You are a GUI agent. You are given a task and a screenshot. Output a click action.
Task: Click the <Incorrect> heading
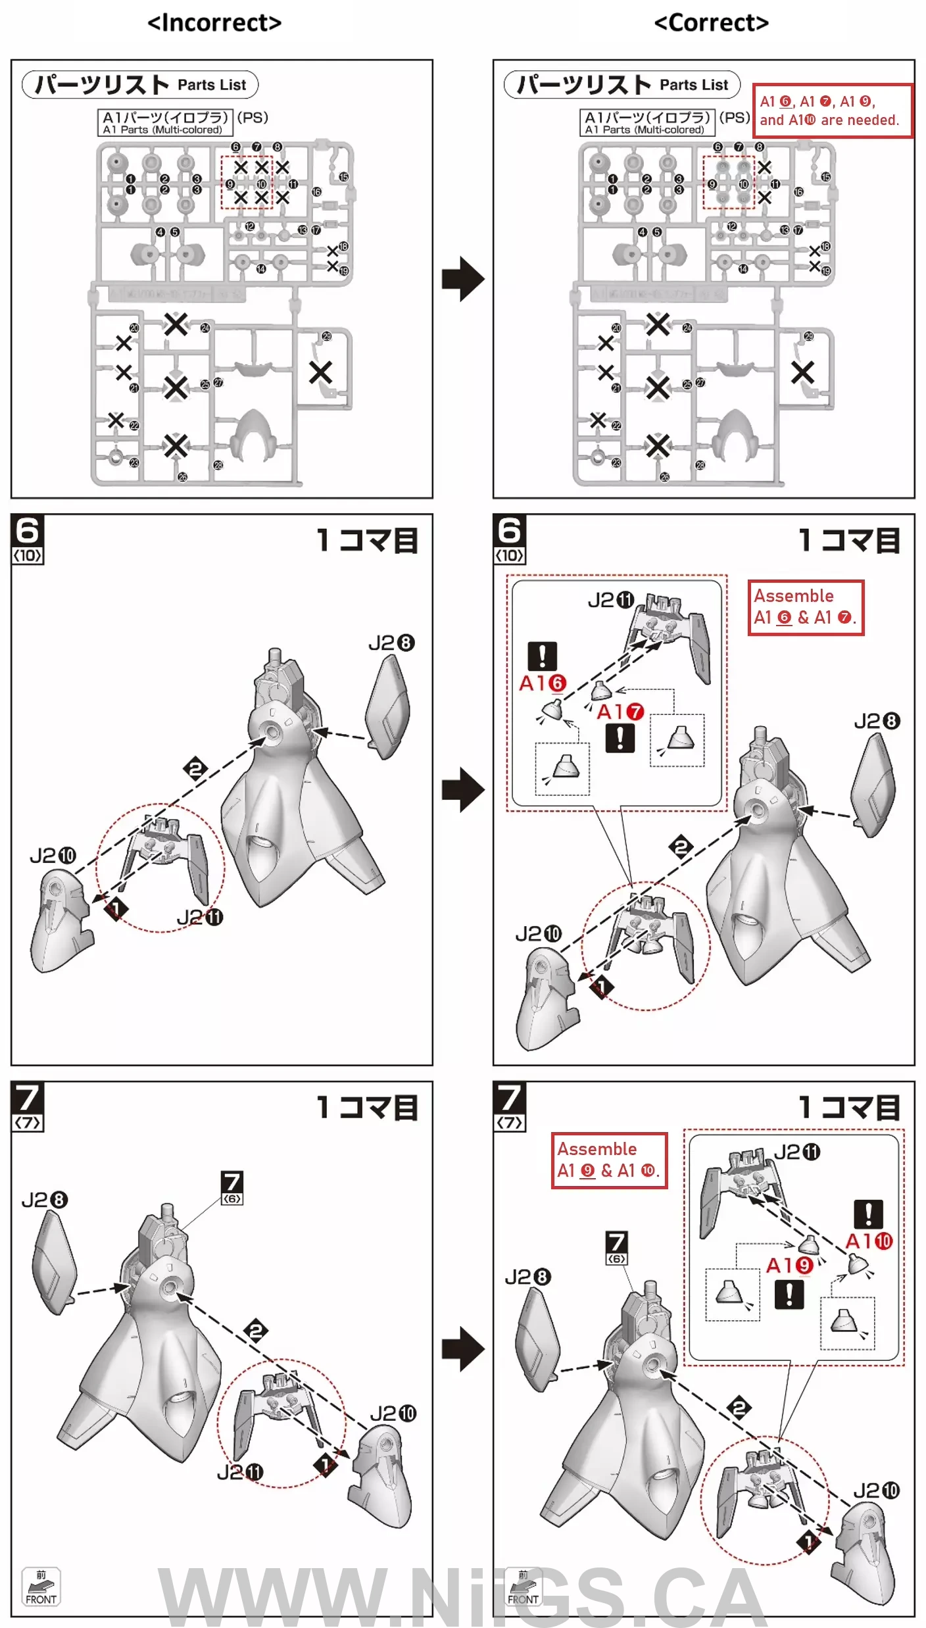click(x=214, y=23)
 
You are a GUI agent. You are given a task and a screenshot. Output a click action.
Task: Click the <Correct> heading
click(x=711, y=23)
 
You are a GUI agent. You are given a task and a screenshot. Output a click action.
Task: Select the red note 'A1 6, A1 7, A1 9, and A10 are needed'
click(x=832, y=111)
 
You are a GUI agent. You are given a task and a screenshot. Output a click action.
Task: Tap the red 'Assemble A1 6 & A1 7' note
click(x=806, y=607)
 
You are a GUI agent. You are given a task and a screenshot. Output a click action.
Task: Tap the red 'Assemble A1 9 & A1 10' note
click(x=609, y=1160)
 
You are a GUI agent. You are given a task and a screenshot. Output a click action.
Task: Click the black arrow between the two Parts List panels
click(x=463, y=279)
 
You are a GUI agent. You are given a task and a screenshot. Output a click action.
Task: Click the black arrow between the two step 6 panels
click(x=463, y=789)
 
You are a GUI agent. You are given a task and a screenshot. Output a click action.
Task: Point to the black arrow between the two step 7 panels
click(x=463, y=1349)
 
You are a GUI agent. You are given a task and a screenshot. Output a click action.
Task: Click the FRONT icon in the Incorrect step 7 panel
click(x=41, y=1587)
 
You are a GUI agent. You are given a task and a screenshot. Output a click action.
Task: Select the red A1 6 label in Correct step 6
click(x=543, y=683)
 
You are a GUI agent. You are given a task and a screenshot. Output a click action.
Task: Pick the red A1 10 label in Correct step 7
click(x=869, y=1241)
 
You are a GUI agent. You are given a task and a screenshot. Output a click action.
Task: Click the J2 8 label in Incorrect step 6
click(x=391, y=643)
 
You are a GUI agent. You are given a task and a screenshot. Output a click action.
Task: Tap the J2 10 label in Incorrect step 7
click(x=393, y=1413)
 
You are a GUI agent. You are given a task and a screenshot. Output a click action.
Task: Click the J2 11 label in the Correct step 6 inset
click(x=611, y=600)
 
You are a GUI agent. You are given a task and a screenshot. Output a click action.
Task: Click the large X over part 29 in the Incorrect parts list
click(x=320, y=372)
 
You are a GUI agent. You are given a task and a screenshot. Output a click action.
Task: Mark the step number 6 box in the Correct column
click(x=510, y=539)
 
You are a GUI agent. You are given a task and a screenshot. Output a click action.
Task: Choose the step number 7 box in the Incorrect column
click(x=28, y=1106)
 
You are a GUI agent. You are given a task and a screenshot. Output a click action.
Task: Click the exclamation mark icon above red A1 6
click(x=543, y=656)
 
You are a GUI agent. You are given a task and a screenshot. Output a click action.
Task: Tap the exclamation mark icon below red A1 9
click(x=789, y=1295)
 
